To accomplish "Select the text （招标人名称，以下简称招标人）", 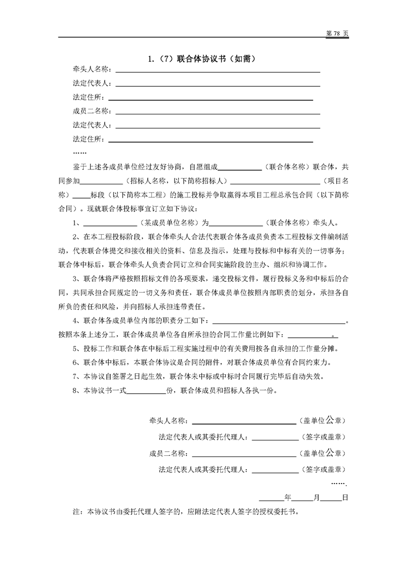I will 177,181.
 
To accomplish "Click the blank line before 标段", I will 82,195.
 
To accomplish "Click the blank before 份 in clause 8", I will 146,390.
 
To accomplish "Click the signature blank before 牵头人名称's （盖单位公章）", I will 244,421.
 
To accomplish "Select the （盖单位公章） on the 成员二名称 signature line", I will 322,453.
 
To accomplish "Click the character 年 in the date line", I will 287,497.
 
